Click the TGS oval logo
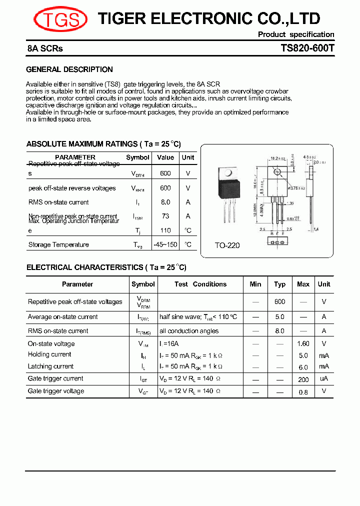point(60,19)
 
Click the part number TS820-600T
point(307,49)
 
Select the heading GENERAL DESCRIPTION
point(69,69)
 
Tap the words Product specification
point(296,34)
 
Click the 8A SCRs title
point(45,49)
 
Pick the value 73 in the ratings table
point(165,216)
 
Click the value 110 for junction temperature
point(165,230)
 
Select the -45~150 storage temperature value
point(165,244)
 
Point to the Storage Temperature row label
point(58,244)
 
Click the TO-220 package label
point(227,245)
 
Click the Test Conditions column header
point(200,284)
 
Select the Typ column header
point(280,284)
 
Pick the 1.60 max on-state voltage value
point(303,343)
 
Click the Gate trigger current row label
point(55,378)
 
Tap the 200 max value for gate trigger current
point(303,379)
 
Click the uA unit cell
point(324,379)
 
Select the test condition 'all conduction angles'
point(189,330)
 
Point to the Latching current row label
point(50,366)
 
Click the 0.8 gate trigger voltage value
point(303,392)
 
